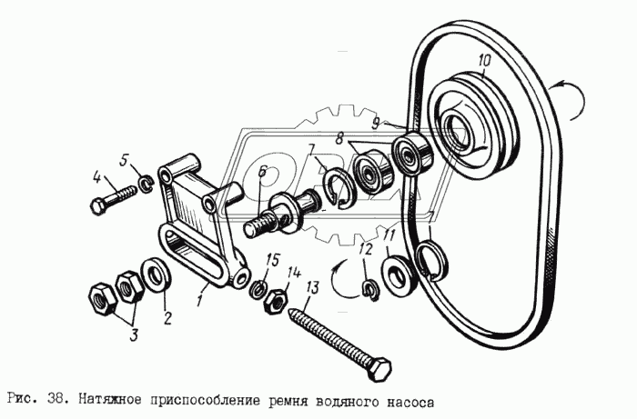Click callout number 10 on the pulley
click(x=483, y=62)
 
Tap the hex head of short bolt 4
click(x=99, y=205)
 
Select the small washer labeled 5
click(x=142, y=187)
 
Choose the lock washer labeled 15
click(x=258, y=290)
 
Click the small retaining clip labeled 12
click(x=370, y=289)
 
